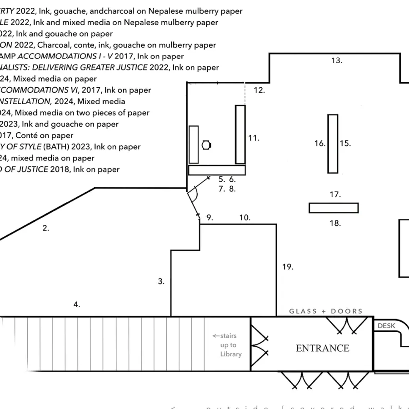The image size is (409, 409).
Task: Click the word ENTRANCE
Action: [322, 349]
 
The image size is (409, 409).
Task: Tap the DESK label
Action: [386, 326]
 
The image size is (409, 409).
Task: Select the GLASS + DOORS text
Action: [326, 311]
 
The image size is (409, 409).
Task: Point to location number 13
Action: [336, 60]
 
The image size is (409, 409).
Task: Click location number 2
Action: [45, 228]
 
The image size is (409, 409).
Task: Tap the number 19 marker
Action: [287, 267]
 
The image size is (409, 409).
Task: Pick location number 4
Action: [77, 304]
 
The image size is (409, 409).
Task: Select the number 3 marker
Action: [161, 281]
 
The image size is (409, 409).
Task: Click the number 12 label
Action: [259, 90]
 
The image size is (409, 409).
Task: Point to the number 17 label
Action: [335, 195]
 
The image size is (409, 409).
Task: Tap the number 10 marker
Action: [244, 218]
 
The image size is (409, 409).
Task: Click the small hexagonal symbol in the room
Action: [207, 145]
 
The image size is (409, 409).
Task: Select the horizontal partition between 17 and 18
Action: [334, 208]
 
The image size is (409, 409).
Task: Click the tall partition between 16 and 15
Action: [333, 144]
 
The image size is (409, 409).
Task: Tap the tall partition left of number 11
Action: [240, 135]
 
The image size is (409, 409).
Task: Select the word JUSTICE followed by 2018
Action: [33, 170]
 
